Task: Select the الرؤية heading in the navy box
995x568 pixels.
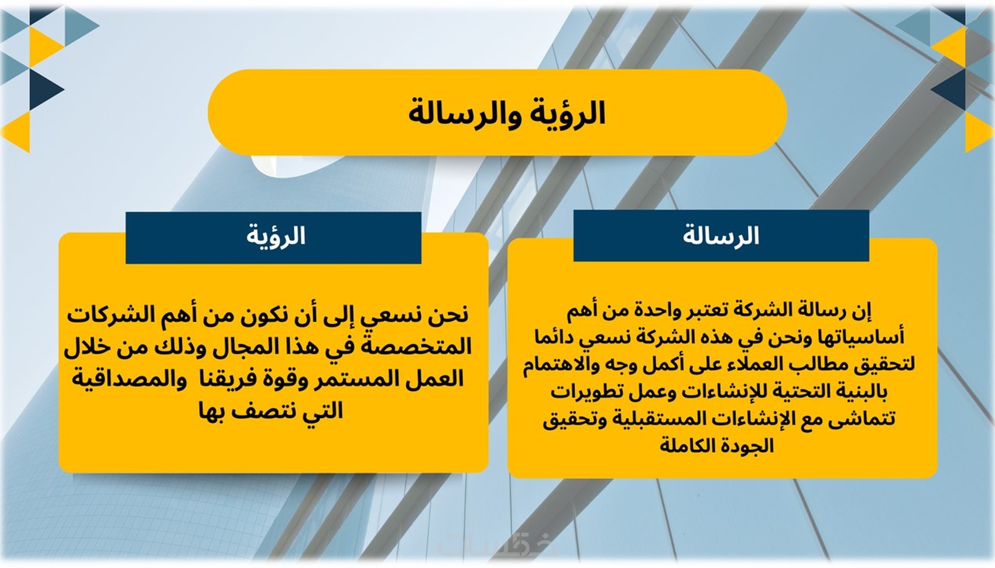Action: (x=276, y=236)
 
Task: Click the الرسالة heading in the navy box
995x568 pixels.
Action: (x=721, y=235)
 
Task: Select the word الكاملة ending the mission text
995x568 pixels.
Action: (x=685, y=445)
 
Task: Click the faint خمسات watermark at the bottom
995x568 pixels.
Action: (x=497, y=545)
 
